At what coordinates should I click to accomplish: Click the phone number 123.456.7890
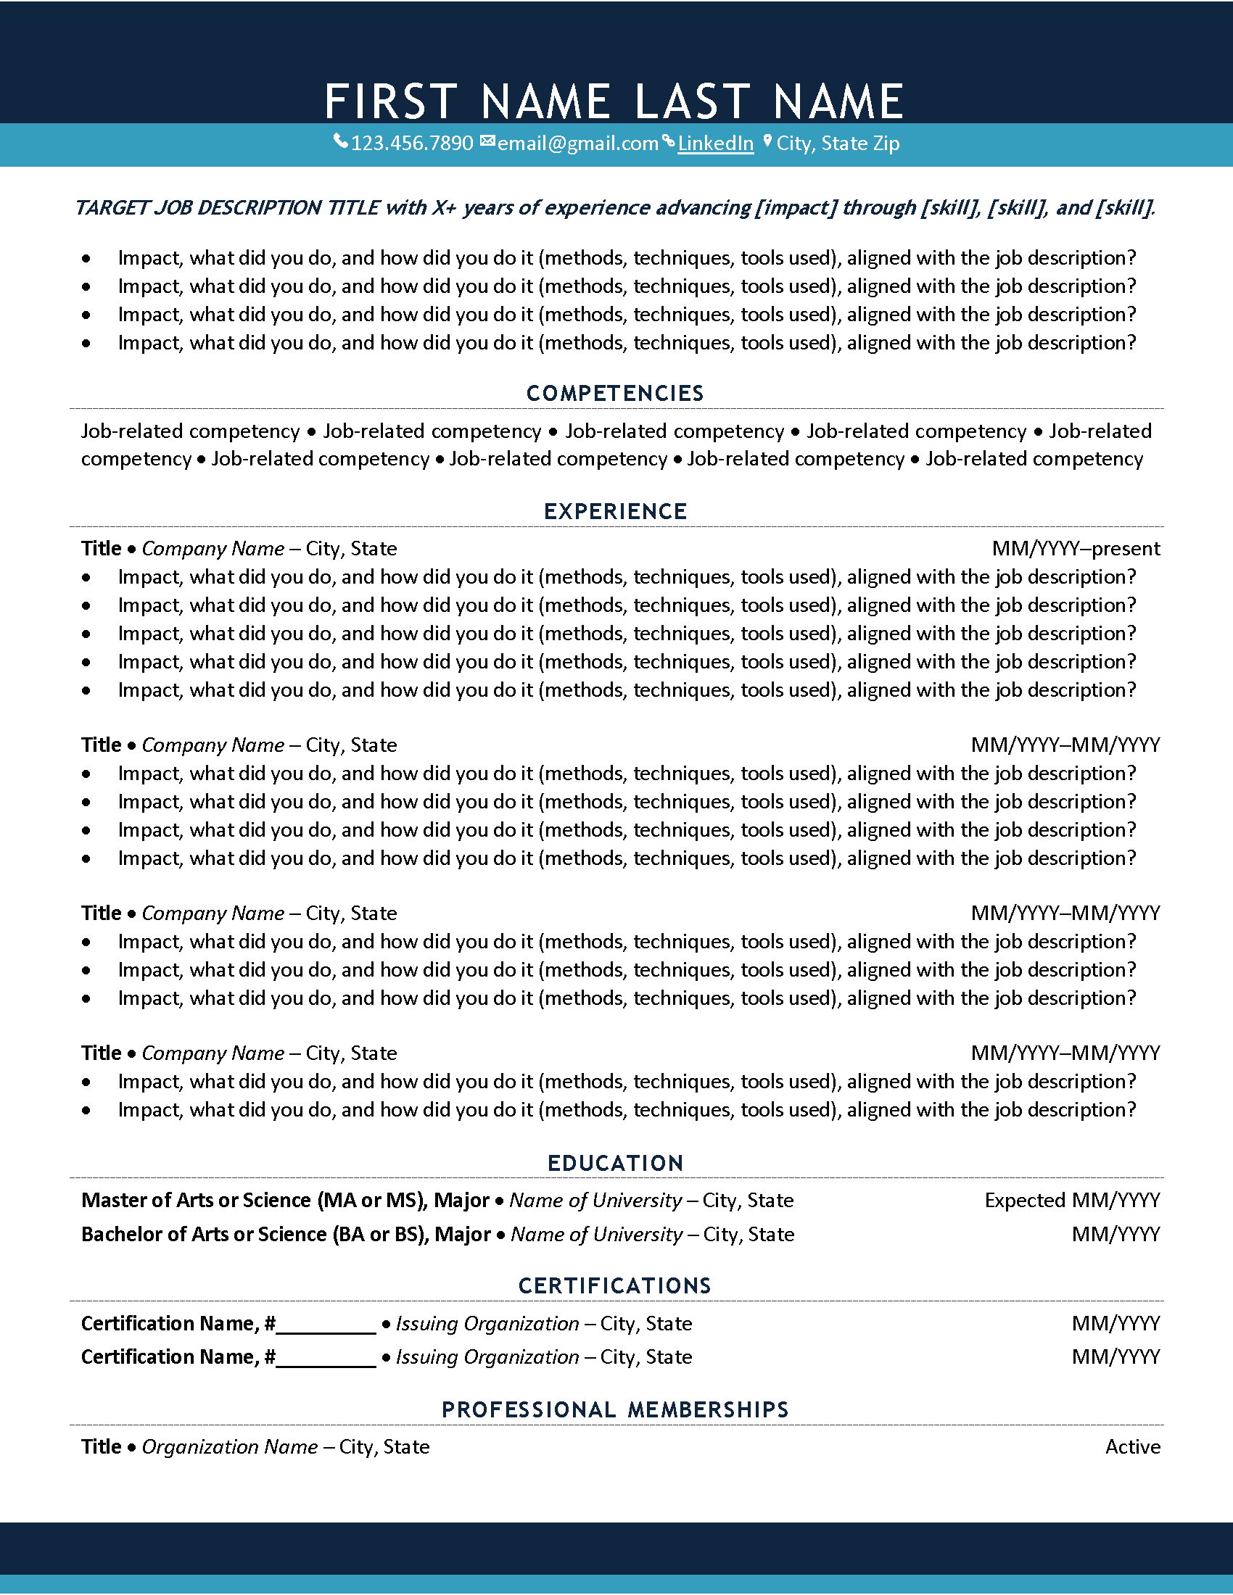(x=412, y=143)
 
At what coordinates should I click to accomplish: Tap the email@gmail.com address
(x=578, y=143)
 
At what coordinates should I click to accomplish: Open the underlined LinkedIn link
(x=715, y=143)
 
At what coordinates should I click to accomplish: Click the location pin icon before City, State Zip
(x=767, y=141)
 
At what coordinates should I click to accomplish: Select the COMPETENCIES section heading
(x=615, y=394)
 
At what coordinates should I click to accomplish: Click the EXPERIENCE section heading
(x=615, y=511)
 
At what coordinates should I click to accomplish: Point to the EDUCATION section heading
(x=615, y=1164)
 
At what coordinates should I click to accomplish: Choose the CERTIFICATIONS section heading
(x=615, y=1286)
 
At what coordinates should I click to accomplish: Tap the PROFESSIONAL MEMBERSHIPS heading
(x=615, y=1409)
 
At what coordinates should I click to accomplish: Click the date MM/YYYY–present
(x=1075, y=549)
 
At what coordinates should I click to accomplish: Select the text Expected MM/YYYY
(x=1071, y=1201)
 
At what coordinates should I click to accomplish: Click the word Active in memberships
(x=1132, y=1447)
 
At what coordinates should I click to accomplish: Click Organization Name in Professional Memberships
(x=229, y=1447)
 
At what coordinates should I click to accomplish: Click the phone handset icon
(x=340, y=141)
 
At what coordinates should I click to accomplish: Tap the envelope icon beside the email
(x=487, y=141)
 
